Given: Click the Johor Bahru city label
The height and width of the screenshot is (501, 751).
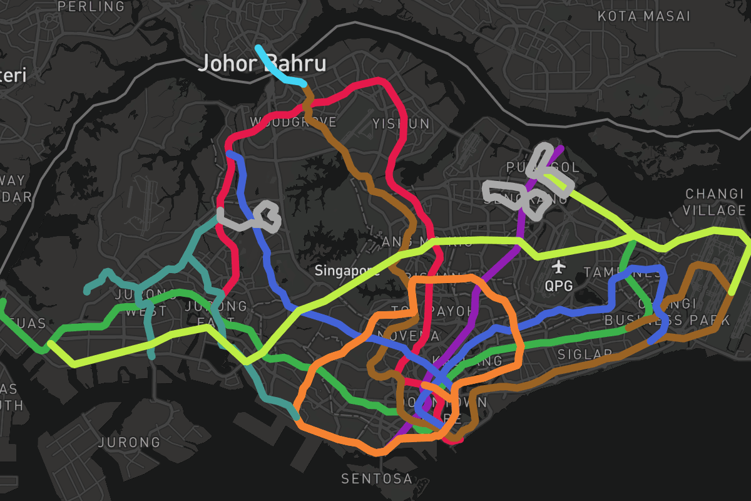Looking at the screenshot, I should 262,64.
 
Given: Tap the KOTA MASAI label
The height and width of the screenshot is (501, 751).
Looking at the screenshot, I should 643,16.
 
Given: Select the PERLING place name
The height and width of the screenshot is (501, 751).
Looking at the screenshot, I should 91,7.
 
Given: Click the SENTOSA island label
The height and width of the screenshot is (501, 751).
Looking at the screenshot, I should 377,479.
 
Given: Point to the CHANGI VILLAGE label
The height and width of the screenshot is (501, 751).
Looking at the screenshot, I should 715,202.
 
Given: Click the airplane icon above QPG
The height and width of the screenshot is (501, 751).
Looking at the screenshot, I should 559,267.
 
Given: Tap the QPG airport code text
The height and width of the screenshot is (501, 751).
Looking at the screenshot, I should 559,286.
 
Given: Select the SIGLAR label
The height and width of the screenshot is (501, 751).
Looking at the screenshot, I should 585,354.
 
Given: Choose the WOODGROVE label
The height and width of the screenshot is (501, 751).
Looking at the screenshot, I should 293,121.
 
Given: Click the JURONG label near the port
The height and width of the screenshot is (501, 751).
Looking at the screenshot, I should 129,442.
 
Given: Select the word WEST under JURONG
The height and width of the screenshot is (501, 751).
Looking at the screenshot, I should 146,311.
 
